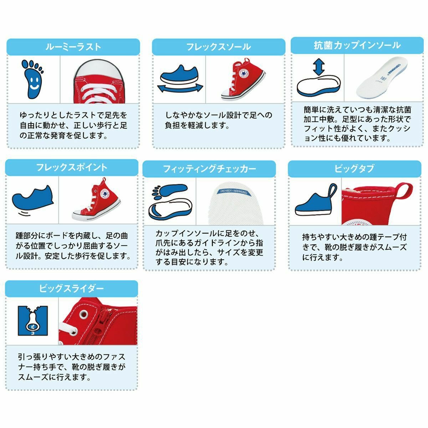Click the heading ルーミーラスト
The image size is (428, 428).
click(x=73, y=47)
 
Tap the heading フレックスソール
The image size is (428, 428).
click(x=219, y=47)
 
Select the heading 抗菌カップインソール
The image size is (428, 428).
click(x=357, y=45)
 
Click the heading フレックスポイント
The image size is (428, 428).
click(x=72, y=168)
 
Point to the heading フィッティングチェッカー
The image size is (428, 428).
click(x=209, y=169)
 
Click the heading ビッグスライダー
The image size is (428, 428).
click(x=72, y=289)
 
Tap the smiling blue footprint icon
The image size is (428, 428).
click(x=33, y=79)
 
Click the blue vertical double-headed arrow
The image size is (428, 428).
click(x=319, y=67)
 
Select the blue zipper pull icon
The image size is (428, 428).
click(x=33, y=321)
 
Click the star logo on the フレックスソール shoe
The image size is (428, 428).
click(x=243, y=74)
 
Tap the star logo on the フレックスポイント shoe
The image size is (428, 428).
click(x=105, y=194)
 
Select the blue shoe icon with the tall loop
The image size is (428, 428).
click(x=316, y=199)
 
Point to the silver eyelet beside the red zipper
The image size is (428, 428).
click(x=85, y=314)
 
